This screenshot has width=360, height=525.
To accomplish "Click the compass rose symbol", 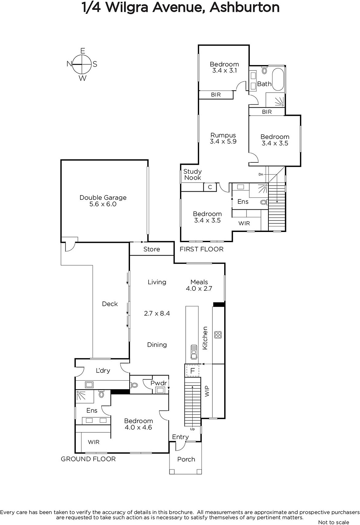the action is pos(82,64).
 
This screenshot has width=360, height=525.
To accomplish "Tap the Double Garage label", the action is pos(103,198).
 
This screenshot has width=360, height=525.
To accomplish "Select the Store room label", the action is pos(152,249).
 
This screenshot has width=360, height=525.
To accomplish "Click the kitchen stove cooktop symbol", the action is pos(218,335).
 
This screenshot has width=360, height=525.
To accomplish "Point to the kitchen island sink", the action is pos(194,352).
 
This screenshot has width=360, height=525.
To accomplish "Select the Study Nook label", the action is pos(192,175).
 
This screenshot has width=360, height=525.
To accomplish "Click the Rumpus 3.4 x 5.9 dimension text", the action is pos(223,141).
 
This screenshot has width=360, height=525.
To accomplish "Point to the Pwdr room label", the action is pos(159,383).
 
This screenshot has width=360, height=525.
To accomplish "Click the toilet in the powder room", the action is pos(134,385).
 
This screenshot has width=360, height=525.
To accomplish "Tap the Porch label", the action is pos(186,459).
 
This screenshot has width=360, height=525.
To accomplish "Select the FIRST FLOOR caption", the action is pos(201,249).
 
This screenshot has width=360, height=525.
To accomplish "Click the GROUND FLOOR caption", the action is pos(88,459).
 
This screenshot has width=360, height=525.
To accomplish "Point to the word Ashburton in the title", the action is pos(244,8).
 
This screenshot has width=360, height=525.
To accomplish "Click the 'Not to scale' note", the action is pos(333,522).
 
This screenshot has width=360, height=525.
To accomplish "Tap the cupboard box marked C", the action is pos(210,187).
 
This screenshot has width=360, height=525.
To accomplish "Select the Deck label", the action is pos(110,304).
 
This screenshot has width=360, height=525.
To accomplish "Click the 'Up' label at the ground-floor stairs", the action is pos(192,429).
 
